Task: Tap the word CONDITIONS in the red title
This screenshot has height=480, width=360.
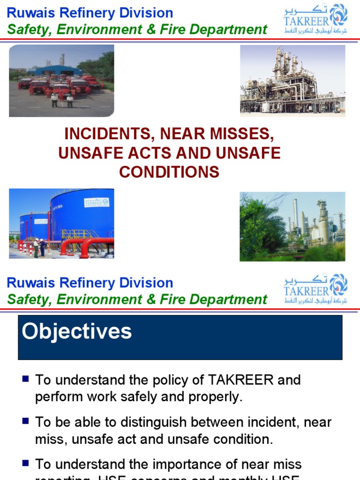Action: [x=169, y=172]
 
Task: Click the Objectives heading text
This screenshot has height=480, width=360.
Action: [x=77, y=332]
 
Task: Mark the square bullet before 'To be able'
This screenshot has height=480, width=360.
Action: [x=26, y=421]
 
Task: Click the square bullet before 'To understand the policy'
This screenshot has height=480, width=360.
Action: [x=26, y=378]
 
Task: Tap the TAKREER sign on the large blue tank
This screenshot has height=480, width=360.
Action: [x=97, y=202]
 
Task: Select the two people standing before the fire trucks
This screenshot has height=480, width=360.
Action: [x=62, y=100]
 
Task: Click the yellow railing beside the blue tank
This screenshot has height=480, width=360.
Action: [x=75, y=233]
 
